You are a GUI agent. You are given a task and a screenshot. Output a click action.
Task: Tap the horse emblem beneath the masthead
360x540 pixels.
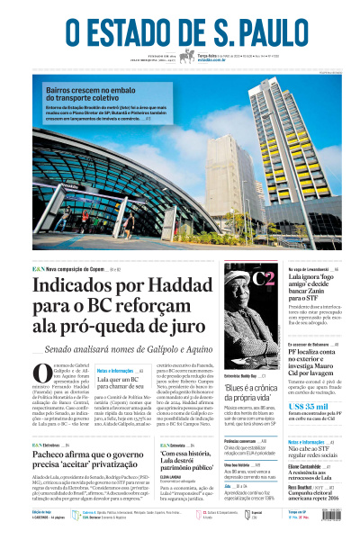tap(187, 57)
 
